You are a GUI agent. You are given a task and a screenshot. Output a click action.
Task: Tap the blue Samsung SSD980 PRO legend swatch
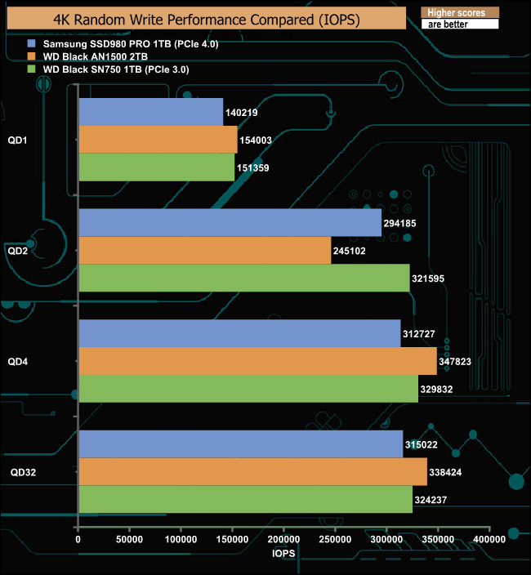tap(31, 42)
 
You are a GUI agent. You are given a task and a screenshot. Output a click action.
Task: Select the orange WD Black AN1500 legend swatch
tap(31, 56)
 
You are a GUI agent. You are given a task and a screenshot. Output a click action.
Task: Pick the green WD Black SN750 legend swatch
tap(31, 69)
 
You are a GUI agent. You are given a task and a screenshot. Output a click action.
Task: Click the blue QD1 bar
tap(150, 112)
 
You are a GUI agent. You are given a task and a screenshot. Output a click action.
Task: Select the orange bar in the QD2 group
tap(204, 251)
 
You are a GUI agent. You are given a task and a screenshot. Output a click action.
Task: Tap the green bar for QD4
tap(248, 389)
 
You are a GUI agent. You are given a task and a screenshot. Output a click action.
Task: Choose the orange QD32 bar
tap(252, 471)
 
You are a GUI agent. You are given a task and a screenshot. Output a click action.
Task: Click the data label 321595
tap(428, 279)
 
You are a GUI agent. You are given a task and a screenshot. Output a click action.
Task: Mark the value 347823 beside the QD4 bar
tap(456, 361)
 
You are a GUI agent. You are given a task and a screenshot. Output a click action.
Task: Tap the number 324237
tap(431, 499)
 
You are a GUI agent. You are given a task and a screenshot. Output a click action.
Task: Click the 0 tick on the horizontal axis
tap(78, 539)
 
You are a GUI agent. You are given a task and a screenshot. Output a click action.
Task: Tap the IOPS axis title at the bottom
tap(283, 553)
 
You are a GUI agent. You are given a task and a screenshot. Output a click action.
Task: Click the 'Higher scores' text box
tap(460, 13)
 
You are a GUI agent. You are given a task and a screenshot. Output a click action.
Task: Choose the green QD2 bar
tap(243, 279)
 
